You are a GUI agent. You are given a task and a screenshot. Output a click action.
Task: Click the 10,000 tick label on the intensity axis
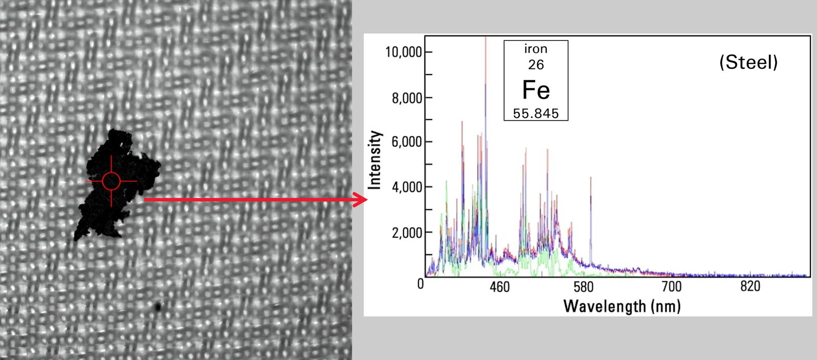(403, 52)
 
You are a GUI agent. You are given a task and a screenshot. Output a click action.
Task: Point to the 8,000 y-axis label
(407, 98)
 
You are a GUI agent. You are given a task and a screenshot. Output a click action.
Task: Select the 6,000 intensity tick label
(407, 142)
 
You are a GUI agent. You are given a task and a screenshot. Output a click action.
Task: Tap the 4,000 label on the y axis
(407, 187)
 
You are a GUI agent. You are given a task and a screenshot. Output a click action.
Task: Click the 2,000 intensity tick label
(407, 233)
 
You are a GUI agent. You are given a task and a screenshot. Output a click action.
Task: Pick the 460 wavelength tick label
(499, 286)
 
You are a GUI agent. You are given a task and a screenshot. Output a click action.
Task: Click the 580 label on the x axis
(583, 286)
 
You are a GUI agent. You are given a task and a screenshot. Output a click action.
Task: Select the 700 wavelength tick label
(671, 286)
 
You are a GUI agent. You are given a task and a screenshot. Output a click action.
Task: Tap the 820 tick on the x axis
(750, 286)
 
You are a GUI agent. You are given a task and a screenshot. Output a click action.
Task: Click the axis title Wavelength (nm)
(622, 306)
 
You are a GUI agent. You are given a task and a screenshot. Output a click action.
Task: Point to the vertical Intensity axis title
(375, 160)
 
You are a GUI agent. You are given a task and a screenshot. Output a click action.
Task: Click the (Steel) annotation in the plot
(749, 62)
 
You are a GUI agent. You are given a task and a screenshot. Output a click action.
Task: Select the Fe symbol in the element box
(536, 90)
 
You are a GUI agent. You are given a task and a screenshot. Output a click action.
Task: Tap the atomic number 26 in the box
(536, 65)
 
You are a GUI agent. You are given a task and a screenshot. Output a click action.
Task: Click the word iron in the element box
(536, 49)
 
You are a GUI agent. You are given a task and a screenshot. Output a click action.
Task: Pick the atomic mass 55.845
(536, 113)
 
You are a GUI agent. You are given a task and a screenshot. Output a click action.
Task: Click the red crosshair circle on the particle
(111, 181)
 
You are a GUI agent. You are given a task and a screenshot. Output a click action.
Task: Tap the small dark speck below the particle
(158, 306)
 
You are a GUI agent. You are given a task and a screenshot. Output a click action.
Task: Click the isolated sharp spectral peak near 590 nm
(591, 204)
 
